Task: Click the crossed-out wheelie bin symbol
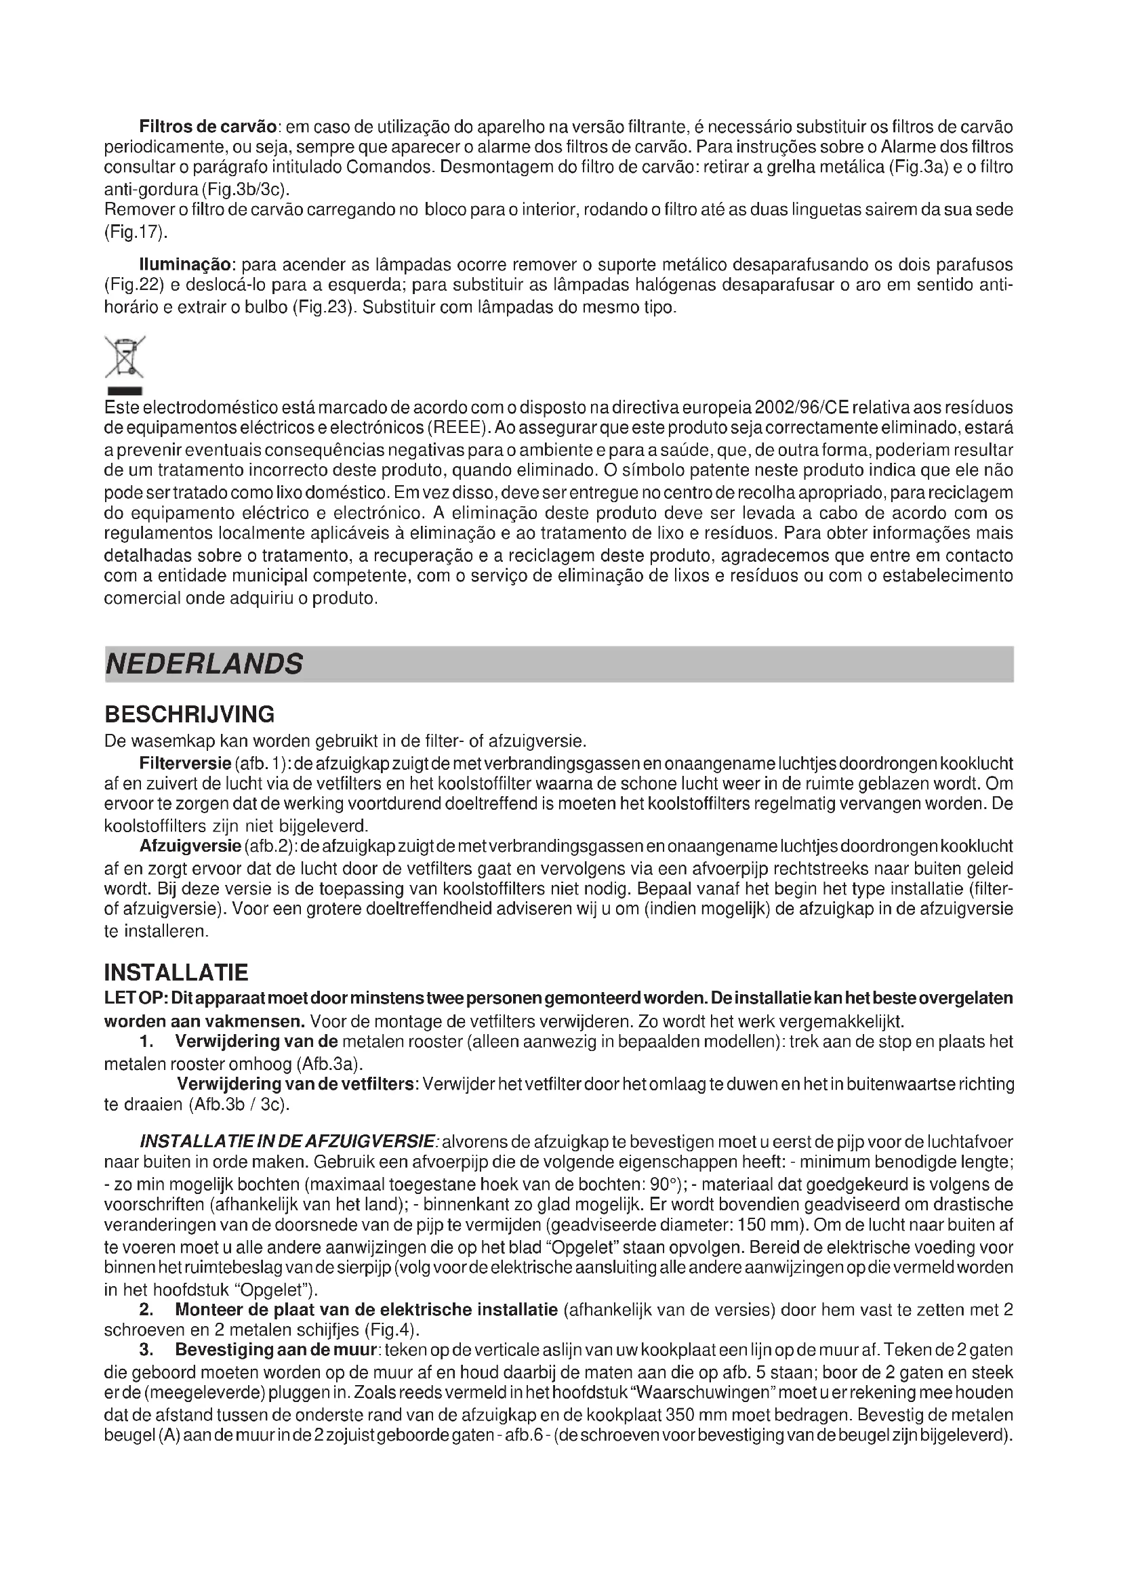124,358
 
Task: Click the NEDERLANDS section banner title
203,664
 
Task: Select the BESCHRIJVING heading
188,713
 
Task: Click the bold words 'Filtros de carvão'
208,127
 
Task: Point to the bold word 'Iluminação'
188,265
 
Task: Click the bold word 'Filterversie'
184,764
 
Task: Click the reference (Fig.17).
136,232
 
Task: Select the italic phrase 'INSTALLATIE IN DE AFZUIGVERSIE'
287,1142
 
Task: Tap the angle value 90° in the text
666,1185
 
